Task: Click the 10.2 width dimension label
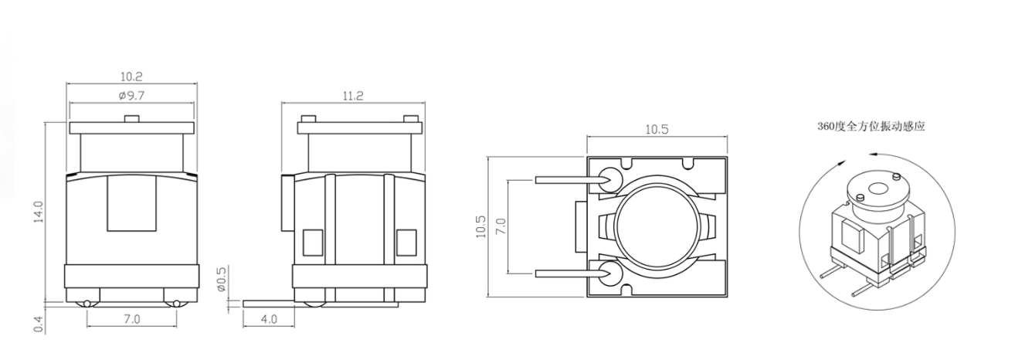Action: click(x=131, y=77)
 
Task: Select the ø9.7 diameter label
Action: click(x=131, y=96)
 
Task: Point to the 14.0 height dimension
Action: click(x=39, y=211)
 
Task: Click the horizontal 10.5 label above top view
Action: click(x=657, y=130)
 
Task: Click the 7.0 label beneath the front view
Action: click(x=131, y=318)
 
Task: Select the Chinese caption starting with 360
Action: click(x=871, y=126)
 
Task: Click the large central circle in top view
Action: click(x=657, y=226)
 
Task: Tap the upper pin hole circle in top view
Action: click(x=606, y=178)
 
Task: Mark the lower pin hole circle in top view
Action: click(x=606, y=273)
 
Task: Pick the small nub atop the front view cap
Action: click(x=131, y=119)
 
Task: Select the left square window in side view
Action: click(x=313, y=243)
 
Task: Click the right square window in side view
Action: click(x=406, y=243)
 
